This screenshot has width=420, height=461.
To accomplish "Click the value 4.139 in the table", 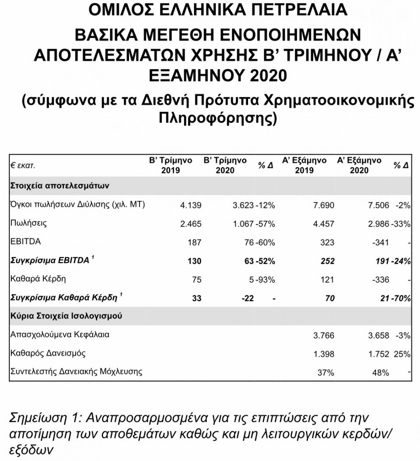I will (191, 205).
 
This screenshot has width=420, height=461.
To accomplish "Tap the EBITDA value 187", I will (195, 242).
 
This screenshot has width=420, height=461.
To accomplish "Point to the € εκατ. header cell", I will (23, 166).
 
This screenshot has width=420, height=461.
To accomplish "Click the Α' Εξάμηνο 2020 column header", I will (359, 165).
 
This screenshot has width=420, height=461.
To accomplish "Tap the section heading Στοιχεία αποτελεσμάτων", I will (59, 185).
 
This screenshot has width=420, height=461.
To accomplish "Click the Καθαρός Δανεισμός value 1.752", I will (378, 354).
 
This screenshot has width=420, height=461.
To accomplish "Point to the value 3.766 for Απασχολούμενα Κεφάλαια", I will (324, 335).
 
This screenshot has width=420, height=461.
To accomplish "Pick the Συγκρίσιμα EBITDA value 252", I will (327, 261).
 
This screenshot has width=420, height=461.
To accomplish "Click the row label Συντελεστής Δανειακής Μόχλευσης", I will (76, 372).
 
